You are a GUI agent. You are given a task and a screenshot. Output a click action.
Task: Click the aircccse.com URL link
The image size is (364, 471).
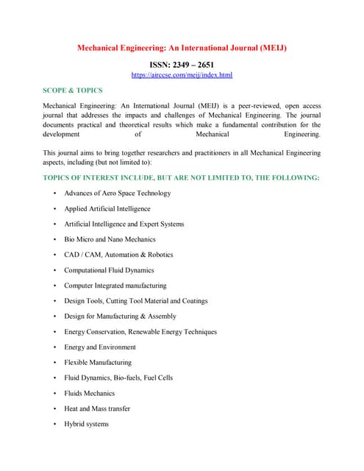[182, 75]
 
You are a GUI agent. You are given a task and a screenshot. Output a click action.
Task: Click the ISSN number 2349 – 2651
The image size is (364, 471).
[182, 65]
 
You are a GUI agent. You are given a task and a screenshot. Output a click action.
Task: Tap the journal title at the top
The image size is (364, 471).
[182, 48]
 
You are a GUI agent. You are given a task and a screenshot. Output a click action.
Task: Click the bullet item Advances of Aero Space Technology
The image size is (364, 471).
[117, 193]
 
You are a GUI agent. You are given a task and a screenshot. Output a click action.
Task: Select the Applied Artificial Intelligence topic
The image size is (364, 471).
[107, 208]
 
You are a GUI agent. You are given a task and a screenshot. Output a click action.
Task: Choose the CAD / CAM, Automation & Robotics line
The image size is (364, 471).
[118, 255]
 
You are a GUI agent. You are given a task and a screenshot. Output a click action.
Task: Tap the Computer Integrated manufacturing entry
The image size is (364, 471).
[115, 286]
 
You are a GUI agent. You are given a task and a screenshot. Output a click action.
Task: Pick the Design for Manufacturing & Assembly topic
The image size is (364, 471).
[120, 316]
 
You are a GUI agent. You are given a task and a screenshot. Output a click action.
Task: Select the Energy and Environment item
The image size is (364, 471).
[99, 347]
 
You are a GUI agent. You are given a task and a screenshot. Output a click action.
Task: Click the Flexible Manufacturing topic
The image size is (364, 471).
[97, 362]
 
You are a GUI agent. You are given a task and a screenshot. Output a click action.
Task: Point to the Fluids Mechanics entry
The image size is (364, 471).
[89, 393]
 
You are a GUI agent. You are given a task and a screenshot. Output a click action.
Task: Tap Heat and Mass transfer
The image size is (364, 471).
[96, 408]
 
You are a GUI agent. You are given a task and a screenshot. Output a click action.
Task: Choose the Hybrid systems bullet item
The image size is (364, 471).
[86, 424]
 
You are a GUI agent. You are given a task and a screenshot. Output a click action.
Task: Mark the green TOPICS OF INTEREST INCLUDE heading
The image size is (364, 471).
[182, 178]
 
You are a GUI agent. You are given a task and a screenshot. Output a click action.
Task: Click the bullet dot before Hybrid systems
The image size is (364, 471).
[55, 424]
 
